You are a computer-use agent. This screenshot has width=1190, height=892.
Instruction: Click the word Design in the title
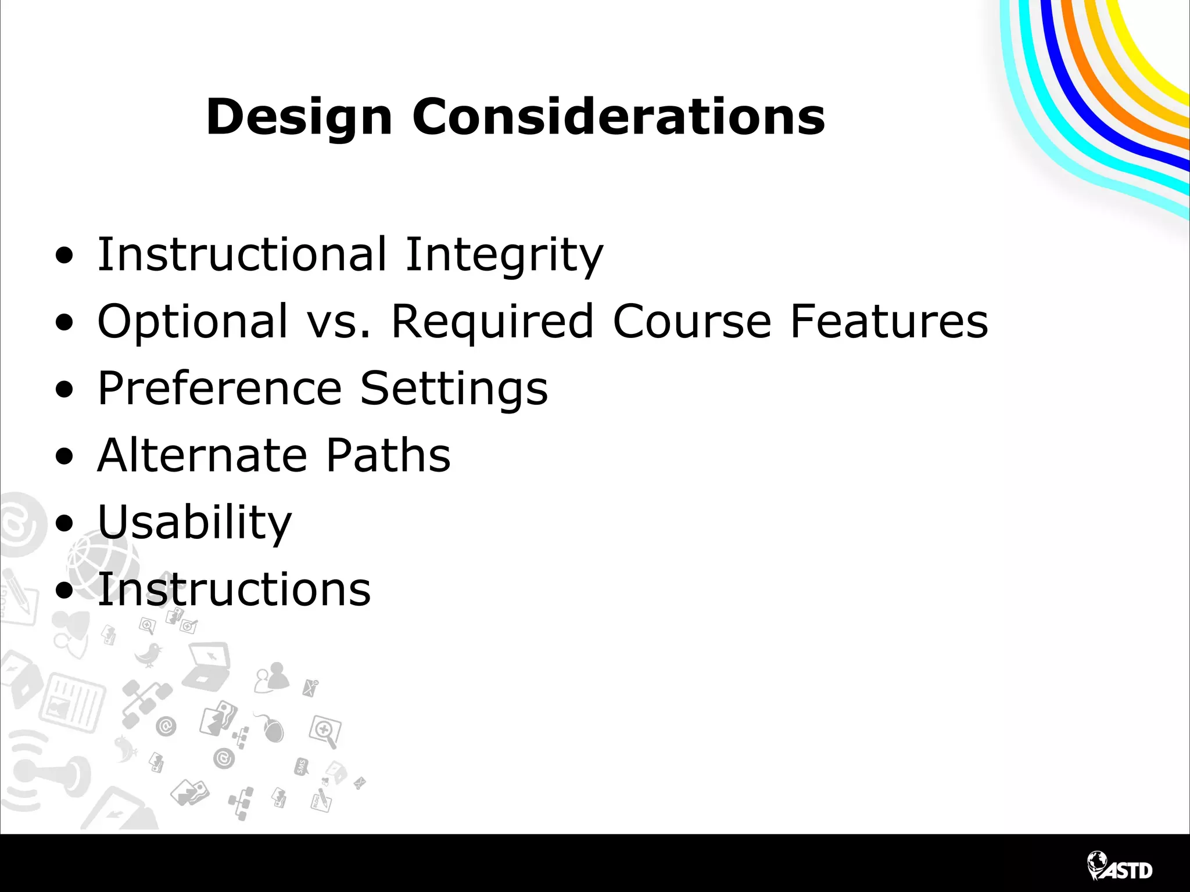click(x=299, y=118)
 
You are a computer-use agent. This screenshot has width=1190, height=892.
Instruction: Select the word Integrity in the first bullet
click(x=504, y=256)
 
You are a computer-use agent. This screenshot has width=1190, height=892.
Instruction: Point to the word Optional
click(x=192, y=322)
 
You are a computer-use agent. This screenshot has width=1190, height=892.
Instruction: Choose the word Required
click(x=492, y=322)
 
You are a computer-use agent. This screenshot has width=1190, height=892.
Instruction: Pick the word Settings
click(x=454, y=389)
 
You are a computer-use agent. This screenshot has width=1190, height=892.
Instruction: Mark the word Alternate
click(x=202, y=455)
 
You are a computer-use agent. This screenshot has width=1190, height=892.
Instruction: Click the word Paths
click(x=388, y=455)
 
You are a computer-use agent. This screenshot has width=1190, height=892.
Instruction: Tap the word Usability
click(x=194, y=523)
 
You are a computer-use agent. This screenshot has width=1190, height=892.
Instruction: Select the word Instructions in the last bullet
click(x=234, y=589)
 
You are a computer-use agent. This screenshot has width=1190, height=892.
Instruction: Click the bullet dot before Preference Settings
click(x=65, y=390)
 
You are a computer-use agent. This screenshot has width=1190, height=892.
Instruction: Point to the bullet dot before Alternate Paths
click(x=65, y=456)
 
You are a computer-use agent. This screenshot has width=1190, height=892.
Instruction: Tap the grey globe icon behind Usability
click(x=103, y=559)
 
